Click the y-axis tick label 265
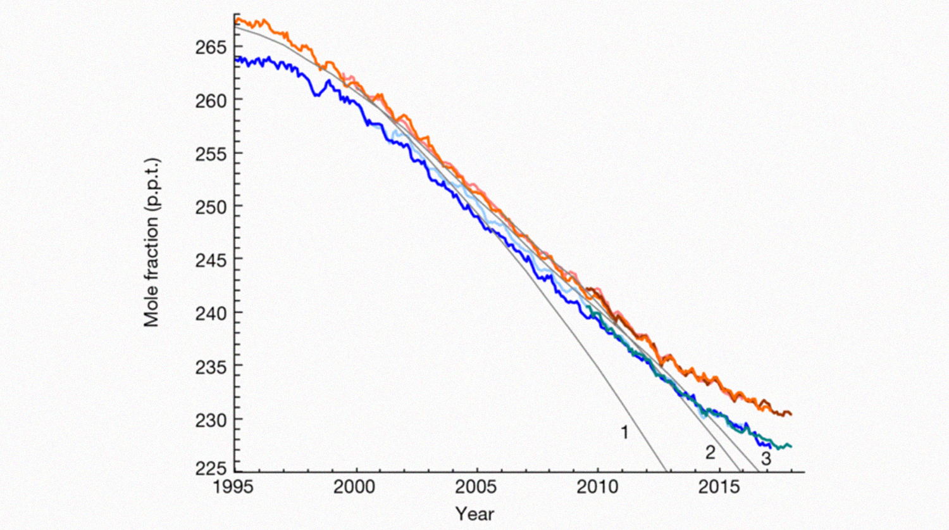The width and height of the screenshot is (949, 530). [211, 47]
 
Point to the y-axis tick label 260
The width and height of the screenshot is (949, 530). [211, 101]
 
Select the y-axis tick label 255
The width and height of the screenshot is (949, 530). [211, 154]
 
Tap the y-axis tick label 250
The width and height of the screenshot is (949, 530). [211, 207]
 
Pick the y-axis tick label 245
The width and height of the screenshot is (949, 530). [211, 260]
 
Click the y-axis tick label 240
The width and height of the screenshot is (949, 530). [211, 313]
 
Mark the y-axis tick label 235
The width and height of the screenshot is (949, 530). [211, 367]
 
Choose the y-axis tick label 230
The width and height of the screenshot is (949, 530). [211, 420]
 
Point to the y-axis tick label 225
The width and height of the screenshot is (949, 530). [211, 469]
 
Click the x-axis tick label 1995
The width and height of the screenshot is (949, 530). [235, 488]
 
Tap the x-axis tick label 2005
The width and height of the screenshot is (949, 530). [476, 488]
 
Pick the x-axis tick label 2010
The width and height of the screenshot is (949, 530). [597, 488]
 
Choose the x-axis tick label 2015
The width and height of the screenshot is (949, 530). [719, 488]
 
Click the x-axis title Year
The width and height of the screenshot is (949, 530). [475, 514]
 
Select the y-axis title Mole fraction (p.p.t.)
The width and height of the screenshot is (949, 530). [151, 243]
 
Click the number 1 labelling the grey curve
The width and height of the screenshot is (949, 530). [624, 433]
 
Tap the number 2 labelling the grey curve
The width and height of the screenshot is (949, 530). [710, 453]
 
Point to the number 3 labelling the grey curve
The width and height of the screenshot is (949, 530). [766, 459]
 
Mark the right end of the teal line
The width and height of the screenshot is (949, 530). [791, 446]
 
